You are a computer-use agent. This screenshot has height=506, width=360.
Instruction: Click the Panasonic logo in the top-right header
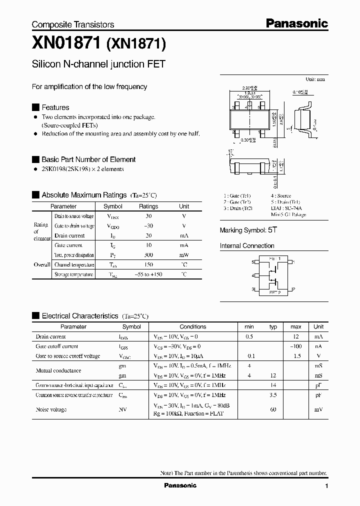(x=296, y=23)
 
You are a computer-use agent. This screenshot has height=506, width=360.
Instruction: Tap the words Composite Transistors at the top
(x=73, y=24)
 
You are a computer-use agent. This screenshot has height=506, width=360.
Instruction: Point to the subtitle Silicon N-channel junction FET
(x=98, y=64)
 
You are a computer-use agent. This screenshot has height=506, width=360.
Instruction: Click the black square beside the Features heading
(x=35, y=107)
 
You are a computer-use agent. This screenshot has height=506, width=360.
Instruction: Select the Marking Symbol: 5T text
(x=248, y=230)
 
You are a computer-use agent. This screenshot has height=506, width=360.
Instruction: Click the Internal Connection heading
(x=247, y=246)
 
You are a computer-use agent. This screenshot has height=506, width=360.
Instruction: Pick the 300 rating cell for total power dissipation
(x=148, y=255)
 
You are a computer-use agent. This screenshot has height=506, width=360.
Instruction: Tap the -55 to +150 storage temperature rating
(x=148, y=274)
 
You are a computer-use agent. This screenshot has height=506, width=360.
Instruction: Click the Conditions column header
(x=192, y=326)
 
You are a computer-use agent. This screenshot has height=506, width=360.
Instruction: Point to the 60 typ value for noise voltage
(x=273, y=409)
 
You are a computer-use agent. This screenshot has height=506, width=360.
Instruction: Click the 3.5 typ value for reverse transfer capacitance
(x=273, y=395)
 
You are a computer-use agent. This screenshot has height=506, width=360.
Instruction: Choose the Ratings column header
(x=148, y=206)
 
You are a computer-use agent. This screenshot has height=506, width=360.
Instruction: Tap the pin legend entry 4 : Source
(x=281, y=196)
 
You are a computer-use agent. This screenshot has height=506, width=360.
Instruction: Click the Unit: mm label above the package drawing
(x=315, y=79)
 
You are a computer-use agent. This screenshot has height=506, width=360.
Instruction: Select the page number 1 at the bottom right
(x=326, y=486)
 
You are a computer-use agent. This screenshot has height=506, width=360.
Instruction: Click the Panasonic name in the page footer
(x=180, y=485)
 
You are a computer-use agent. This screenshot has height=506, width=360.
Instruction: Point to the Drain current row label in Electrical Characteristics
(x=51, y=336)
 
